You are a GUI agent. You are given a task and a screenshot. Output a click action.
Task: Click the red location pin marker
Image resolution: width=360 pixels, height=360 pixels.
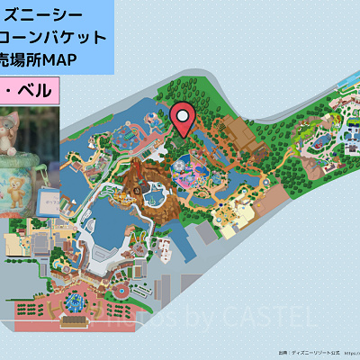pyautogui.click(x=183, y=116)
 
